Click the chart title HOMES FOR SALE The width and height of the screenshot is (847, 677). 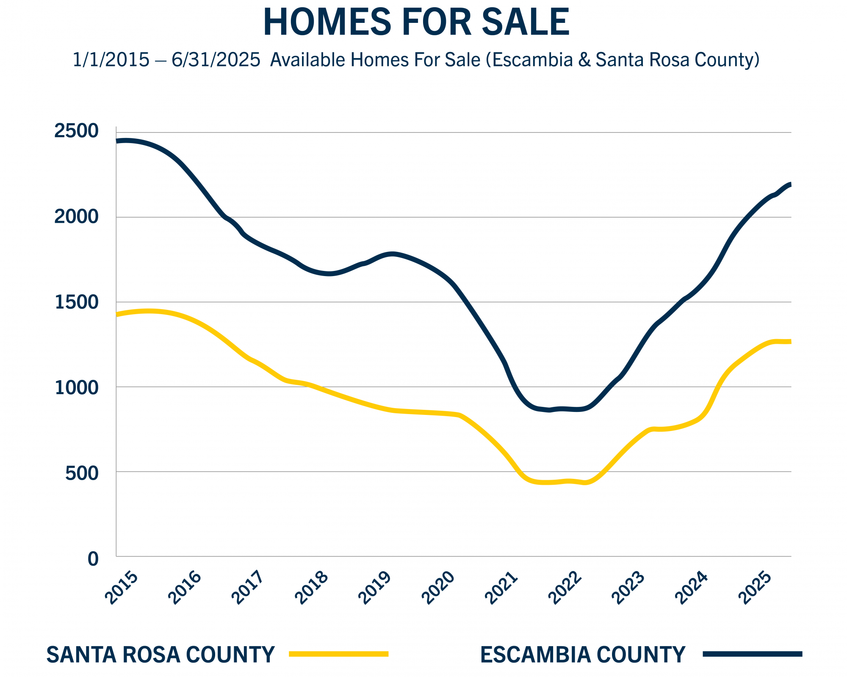[x=416, y=22]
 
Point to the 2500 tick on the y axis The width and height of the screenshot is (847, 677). [x=76, y=131]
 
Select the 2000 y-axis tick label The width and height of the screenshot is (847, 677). [x=76, y=217]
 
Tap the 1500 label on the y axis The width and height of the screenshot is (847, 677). [x=76, y=302]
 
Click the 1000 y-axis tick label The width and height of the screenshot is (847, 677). [x=76, y=387]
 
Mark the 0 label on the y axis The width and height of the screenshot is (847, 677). [x=93, y=559]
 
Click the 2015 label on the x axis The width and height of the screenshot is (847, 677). [x=121, y=589]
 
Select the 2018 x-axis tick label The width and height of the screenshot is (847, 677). [x=311, y=589]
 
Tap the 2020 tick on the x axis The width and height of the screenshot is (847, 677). [x=438, y=589]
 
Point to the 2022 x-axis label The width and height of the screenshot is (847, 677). [x=565, y=589]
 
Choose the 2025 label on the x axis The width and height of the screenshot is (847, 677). [x=755, y=589]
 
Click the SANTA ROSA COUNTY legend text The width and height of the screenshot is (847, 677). [x=161, y=655]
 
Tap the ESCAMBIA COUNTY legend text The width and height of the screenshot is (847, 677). [x=582, y=655]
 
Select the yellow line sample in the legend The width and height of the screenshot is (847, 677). [x=338, y=654]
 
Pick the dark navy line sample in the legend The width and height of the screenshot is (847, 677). [x=752, y=654]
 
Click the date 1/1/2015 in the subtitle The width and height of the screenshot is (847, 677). [x=111, y=60]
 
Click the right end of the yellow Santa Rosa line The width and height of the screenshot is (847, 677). [x=790, y=342]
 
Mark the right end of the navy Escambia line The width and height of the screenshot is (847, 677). [x=790, y=184]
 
